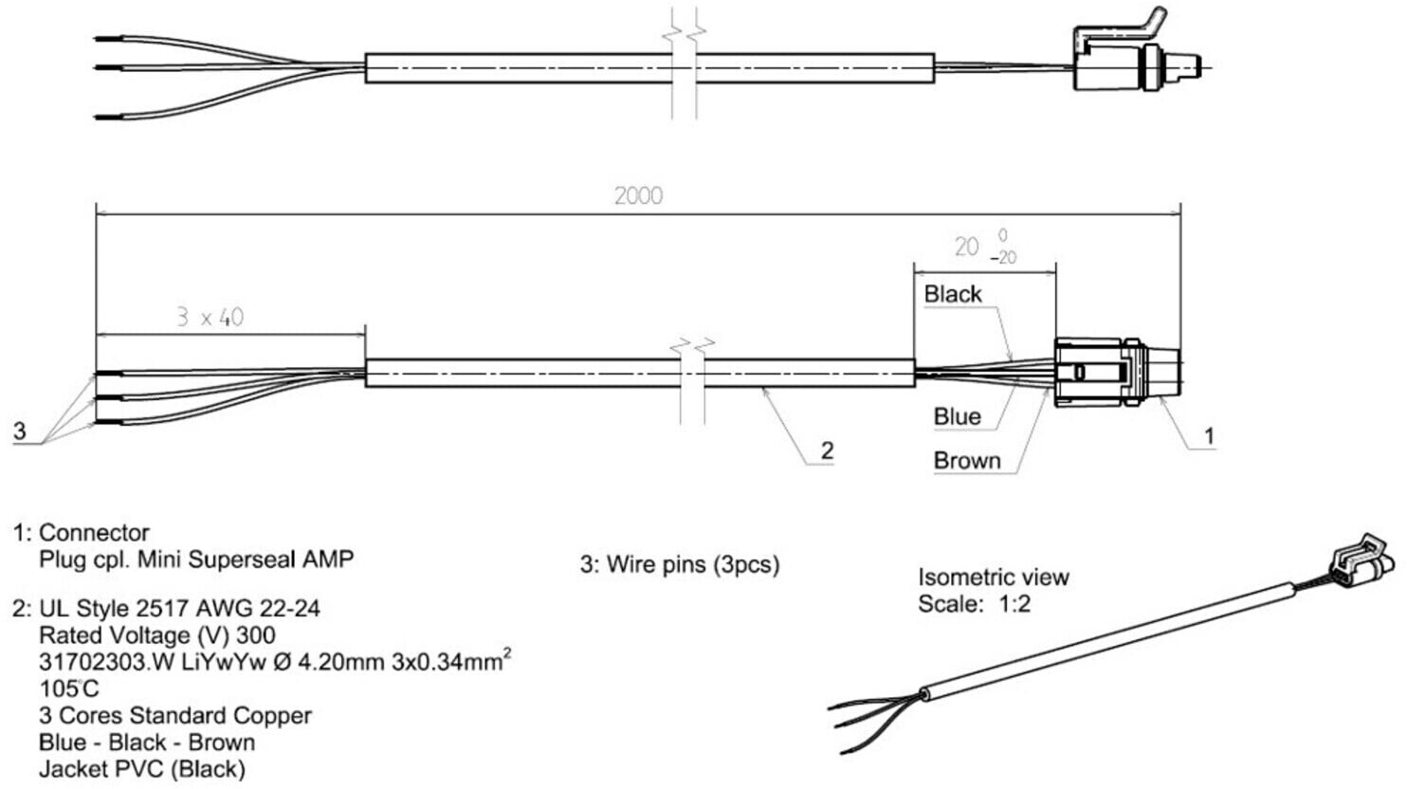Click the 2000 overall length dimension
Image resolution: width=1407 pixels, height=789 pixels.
click(638, 196)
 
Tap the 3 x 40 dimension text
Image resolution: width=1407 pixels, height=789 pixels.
click(210, 318)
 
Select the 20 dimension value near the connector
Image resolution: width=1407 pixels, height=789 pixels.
click(967, 247)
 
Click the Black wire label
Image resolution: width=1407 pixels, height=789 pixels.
click(953, 294)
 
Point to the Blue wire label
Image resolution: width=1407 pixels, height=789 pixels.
click(958, 416)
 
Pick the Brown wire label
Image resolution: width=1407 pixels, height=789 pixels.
click(967, 461)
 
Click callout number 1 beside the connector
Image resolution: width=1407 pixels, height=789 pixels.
click(1209, 436)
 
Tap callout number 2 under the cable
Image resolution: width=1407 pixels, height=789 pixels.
click(828, 450)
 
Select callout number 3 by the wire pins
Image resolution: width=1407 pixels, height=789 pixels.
click(20, 431)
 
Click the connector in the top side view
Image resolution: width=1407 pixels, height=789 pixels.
click(1136, 57)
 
